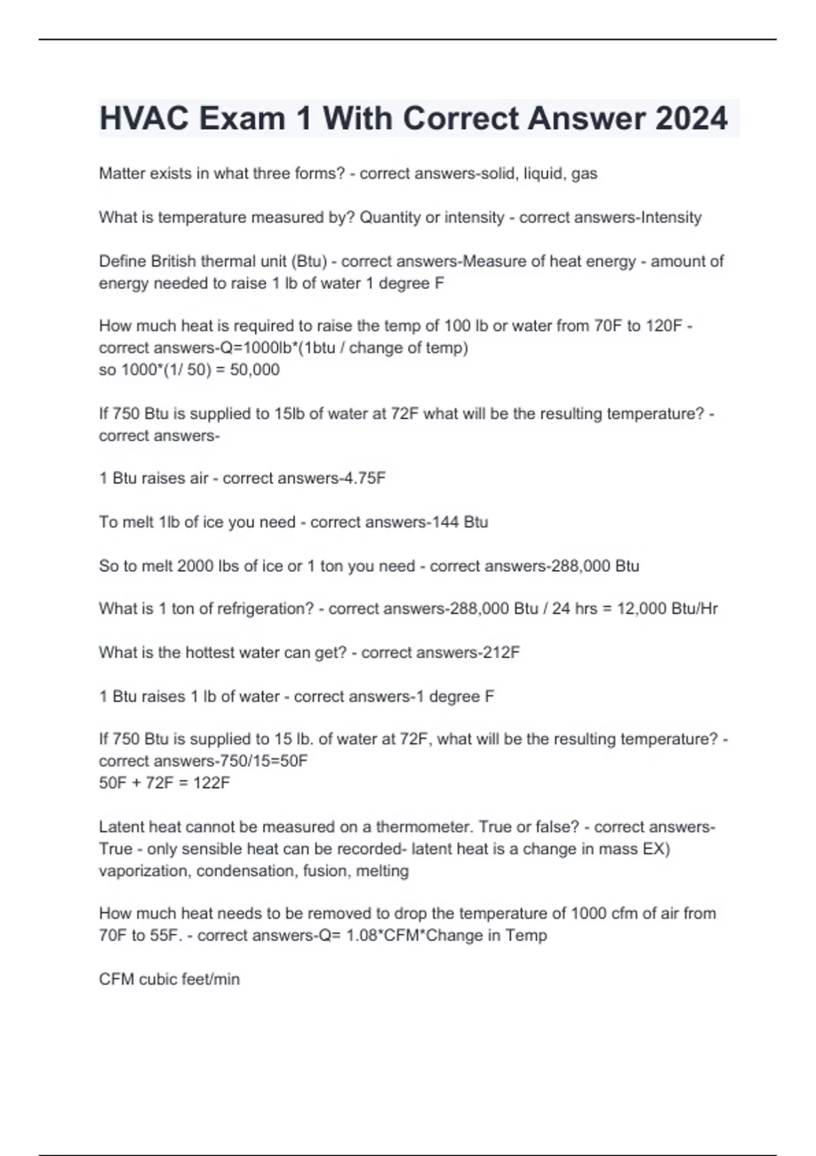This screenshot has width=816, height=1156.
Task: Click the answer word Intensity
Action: [668, 218]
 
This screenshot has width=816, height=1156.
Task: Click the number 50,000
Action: [255, 370]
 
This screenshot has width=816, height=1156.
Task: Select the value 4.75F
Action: [365, 479]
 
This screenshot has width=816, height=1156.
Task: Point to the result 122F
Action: [211, 783]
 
